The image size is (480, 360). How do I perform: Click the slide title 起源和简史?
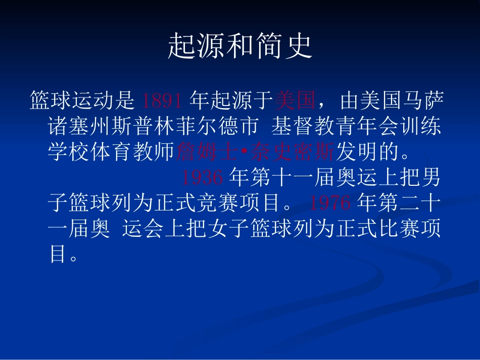240,46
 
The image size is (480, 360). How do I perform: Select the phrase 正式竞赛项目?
227,202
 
